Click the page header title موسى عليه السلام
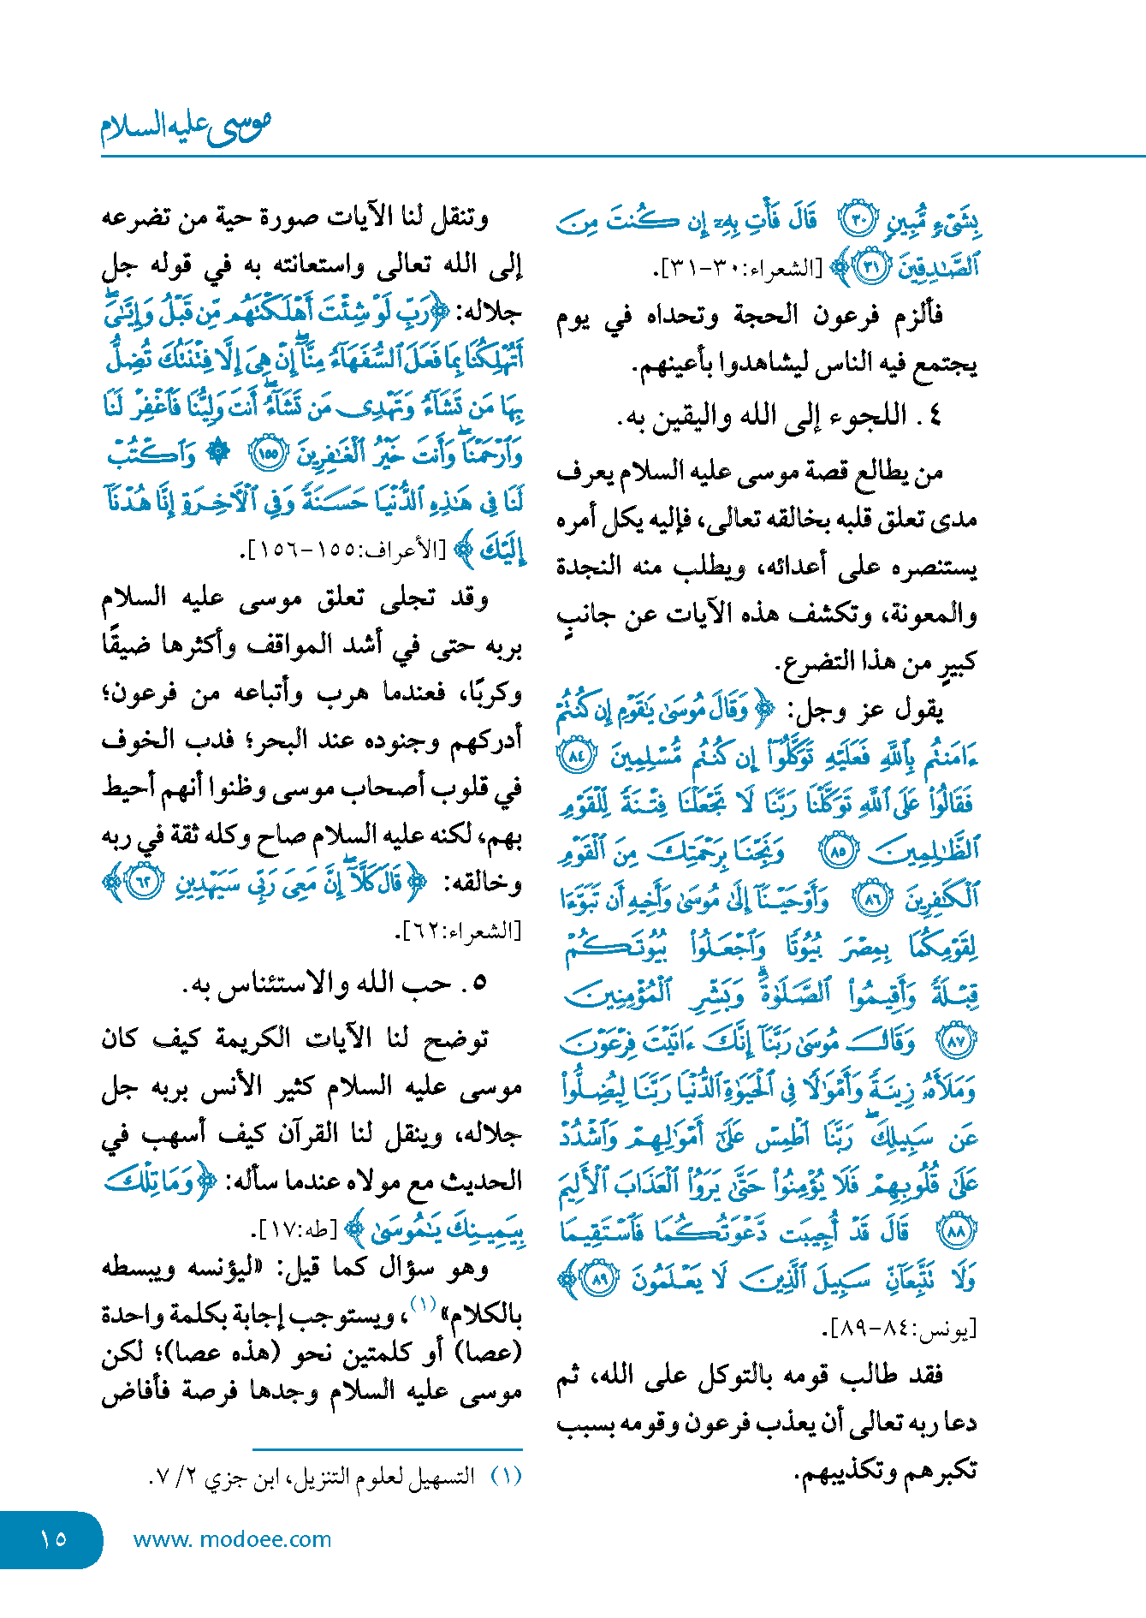186,126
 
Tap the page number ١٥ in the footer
53,1538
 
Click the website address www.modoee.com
232,1539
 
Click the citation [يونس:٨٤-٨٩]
899,1329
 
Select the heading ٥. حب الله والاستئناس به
334,984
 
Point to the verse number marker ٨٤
574,756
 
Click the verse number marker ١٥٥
268,454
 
